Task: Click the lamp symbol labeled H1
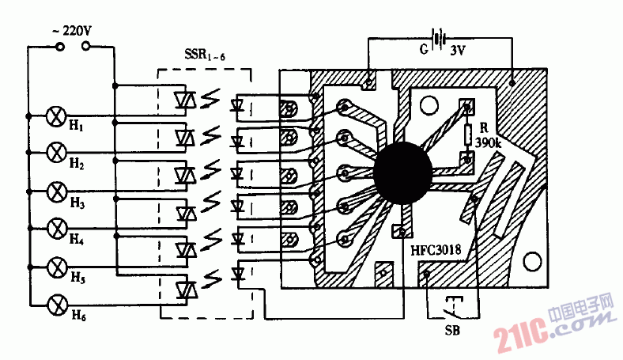coord(56,116)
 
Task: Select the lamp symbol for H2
coord(56,153)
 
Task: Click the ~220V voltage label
coord(72,31)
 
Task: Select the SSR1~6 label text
coord(205,55)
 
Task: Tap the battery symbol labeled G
coord(438,39)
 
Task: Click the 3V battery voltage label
coord(458,51)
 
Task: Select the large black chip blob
coord(403,172)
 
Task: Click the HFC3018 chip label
coord(436,250)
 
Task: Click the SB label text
coord(452,331)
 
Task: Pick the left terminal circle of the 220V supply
coord(59,47)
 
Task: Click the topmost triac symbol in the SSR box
coord(185,100)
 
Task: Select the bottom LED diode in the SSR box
coord(239,274)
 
